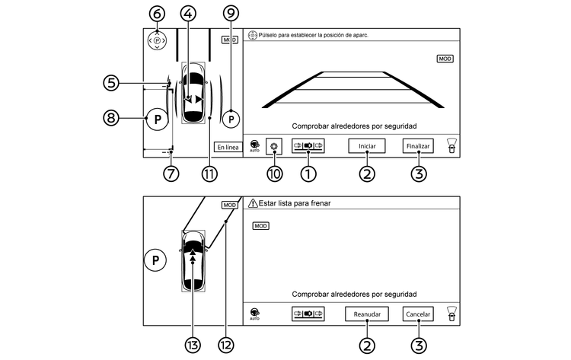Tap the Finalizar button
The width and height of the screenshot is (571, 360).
[418, 147]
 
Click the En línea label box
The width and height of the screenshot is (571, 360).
[227, 147]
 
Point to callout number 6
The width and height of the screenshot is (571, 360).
[157, 14]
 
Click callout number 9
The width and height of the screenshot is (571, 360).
[231, 13]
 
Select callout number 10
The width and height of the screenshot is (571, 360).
[275, 174]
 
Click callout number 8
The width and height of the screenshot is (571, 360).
[114, 118]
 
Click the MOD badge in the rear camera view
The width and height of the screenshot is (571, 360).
[445, 58]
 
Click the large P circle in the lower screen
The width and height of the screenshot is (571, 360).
[155, 260]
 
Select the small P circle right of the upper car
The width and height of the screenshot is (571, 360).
[231, 119]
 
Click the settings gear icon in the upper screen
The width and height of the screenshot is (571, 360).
[275, 146]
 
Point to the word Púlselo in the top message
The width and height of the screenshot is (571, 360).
[275, 36]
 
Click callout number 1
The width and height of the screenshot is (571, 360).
[308, 174]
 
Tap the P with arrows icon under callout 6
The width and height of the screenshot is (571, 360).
[157, 40]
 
